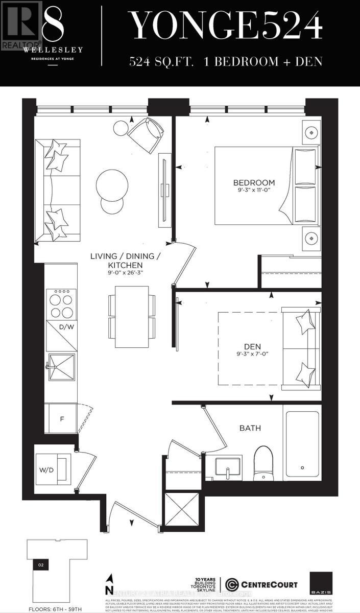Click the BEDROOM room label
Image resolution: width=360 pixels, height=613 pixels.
(x=254, y=183)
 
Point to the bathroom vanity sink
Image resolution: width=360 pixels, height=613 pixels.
(x=227, y=467)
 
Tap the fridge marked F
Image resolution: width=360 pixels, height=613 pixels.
(x=62, y=419)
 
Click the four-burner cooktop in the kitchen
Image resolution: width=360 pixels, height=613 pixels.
(x=61, y=304)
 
